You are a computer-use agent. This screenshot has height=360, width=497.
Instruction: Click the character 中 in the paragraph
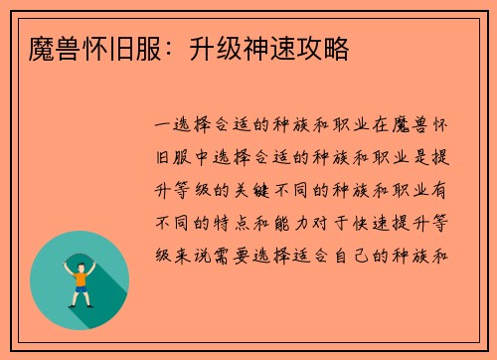coord(203,157)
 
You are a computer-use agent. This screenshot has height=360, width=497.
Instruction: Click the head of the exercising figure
coord(80,264)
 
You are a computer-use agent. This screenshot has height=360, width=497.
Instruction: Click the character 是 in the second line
coord(420,157)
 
